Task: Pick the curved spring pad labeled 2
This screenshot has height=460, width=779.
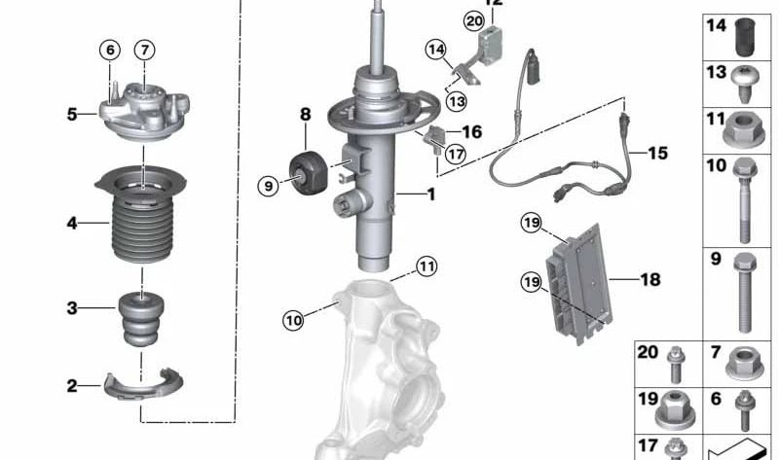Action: click(143, 386)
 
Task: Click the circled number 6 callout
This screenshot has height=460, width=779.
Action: click(110, 50)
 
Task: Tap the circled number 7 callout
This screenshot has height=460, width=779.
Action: click(144, 50)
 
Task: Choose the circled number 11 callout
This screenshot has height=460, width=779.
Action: click(426, 265)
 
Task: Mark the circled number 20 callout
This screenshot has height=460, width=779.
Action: click(473, 19)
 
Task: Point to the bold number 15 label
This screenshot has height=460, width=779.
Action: click(657, 154)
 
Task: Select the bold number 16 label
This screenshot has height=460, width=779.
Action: click(471, 131)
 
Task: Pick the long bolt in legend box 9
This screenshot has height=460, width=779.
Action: click(745, 287)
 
